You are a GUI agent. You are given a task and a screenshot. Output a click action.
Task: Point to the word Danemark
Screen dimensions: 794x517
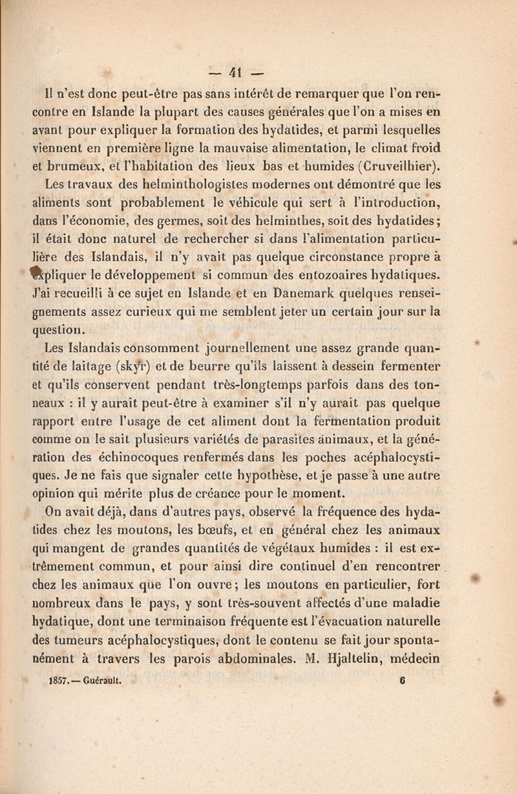[x=314, y=295]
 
